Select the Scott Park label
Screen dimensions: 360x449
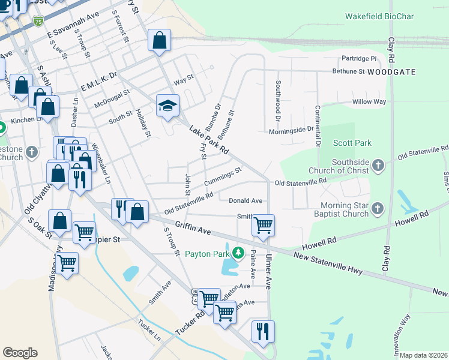(352, 143)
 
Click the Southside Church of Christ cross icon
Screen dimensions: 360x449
(378, 165)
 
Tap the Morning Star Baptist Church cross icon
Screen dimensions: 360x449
(378, 208)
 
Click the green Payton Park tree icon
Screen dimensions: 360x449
(238, 254)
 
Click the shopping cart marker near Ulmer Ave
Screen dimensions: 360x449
(263, 225)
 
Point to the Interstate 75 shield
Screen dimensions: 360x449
(38, 21)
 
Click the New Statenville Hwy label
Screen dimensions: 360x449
(328, 263)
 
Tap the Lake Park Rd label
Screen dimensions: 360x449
(209, 139)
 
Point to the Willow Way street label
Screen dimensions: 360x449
(369, 102)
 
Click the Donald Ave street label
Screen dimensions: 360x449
(245, 200)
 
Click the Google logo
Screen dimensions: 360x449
(20, 353)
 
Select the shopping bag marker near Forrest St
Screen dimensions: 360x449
(160, 40)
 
